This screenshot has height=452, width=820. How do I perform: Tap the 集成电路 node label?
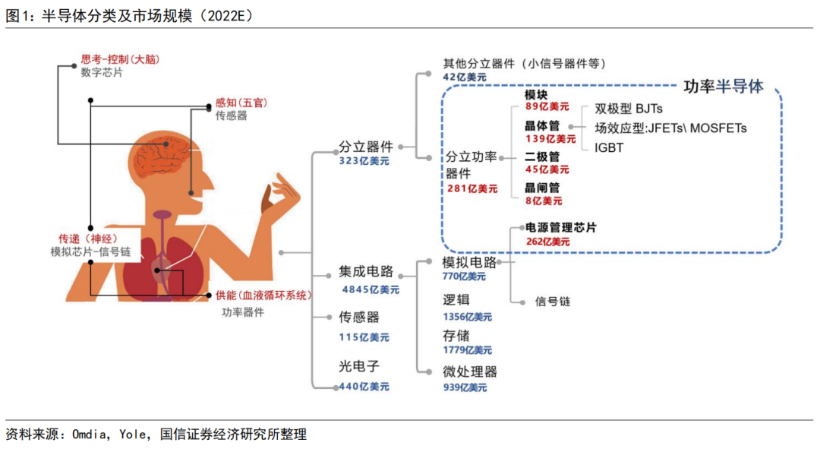[367, 272]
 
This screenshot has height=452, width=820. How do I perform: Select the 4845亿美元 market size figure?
[370, 289]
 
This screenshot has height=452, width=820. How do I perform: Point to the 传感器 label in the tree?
[358, 317]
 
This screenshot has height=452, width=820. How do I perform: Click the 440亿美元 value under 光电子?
[364, 386]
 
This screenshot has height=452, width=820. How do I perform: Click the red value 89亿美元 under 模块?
[547, 107]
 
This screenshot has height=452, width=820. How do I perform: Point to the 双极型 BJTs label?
[629, 109]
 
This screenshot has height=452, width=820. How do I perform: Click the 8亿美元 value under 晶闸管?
[544, 201]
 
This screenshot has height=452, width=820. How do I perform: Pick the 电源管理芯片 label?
[561, 227]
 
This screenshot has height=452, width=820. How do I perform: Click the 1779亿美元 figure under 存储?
[467, 350]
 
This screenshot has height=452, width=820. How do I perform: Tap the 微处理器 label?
[470, 371]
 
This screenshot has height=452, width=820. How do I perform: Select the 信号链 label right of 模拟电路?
[553, 302]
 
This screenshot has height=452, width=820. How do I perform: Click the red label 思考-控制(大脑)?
[125, 58]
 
